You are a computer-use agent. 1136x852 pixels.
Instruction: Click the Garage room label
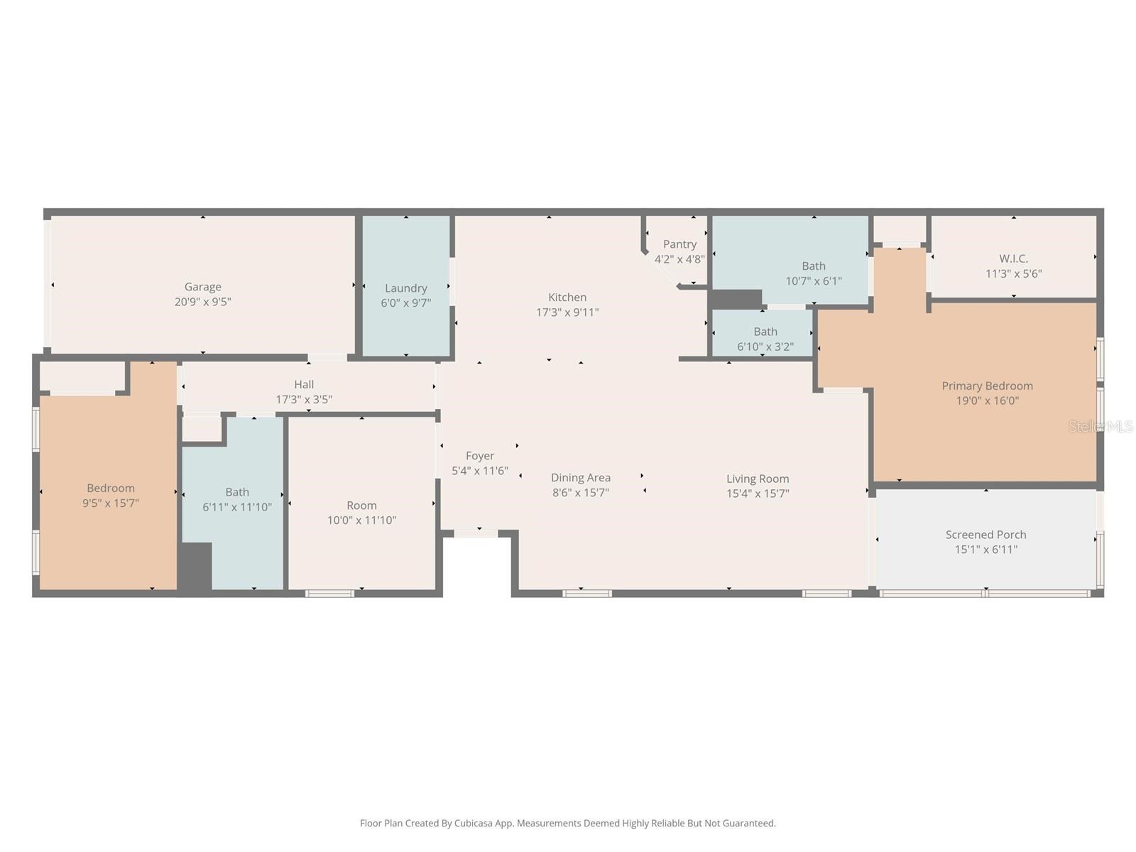[202, 287]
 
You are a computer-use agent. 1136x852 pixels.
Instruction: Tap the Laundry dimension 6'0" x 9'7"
[405, 303]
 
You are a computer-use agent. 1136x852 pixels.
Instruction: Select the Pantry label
[679, 244]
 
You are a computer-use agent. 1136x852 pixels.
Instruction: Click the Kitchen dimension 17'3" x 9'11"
[567, 312]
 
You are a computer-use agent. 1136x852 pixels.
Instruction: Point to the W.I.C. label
[1013, 258]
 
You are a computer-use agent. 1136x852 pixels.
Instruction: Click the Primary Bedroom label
[987, 386]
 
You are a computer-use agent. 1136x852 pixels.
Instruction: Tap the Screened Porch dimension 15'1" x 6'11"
[985, 550]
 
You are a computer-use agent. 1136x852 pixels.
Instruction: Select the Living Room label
[758, 479]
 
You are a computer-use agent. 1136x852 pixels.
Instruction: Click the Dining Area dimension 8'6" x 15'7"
[580, 493]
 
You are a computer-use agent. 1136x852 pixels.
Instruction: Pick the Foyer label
[480, 456]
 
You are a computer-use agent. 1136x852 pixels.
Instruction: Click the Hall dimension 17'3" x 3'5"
[304, 400]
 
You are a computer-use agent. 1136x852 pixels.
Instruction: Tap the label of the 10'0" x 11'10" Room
[361, 506]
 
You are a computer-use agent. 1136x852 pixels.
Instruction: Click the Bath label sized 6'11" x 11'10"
[237, 492]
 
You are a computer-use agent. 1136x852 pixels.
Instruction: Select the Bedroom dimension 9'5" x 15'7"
[111, 503]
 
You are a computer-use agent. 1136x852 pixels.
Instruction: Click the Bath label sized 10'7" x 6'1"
[814, 266]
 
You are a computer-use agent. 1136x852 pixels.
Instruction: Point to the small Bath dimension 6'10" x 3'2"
[765, 347]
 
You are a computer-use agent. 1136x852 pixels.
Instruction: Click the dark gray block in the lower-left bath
[195, 566]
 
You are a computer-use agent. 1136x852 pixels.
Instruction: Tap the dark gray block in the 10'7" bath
[736, 299]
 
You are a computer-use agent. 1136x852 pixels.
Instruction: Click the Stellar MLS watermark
[1100, 426]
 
